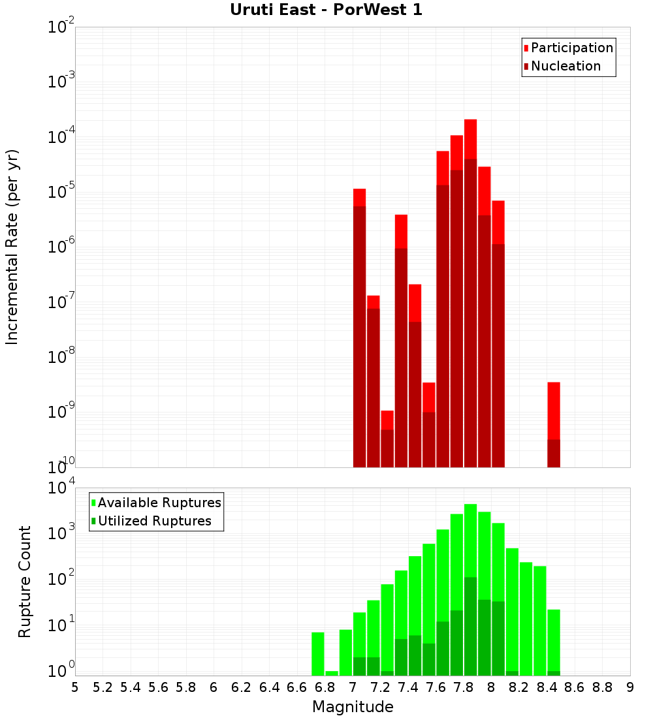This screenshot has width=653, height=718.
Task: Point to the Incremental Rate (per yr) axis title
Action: coord(12,247)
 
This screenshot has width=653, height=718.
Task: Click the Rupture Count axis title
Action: coord(25,582)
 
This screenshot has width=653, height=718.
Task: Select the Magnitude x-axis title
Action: coord(353,707)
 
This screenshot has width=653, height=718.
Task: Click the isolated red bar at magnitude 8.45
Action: coord(554,424)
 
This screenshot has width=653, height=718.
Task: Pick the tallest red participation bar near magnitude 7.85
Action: coord(470,294)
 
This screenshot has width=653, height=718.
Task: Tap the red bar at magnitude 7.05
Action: coord(359,326)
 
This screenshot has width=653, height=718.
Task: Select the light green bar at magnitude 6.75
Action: coord(318,653)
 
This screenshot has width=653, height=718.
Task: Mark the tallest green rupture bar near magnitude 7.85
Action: coord(470,587)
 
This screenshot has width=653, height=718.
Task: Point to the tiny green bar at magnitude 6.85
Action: coord(332,673)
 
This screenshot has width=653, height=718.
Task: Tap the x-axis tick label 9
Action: coord(630,687)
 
